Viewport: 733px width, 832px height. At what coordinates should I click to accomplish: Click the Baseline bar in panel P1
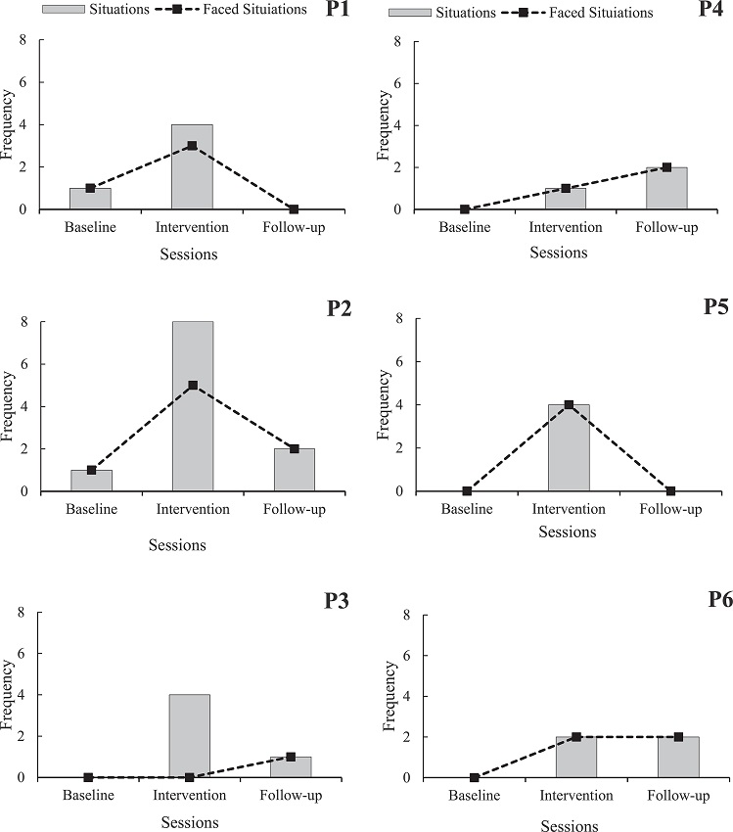coord(90,198)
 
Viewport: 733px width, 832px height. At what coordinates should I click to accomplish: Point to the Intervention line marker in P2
coord(193,386)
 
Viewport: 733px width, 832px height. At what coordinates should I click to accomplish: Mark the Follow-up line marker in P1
coord(294,209)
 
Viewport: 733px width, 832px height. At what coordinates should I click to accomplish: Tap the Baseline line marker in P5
coord(467,491)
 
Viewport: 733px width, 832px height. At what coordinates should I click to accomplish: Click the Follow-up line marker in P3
coord(291,757)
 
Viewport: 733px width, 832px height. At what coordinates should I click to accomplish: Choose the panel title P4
coord(711,11)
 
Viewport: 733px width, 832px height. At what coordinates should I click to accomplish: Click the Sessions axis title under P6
coord(569,824)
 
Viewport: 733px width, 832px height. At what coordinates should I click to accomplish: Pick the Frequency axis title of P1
coord(9,125)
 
